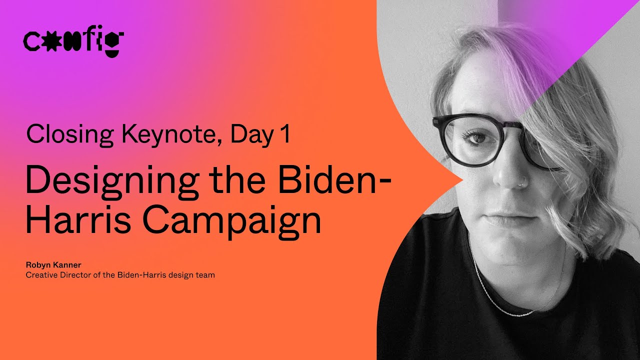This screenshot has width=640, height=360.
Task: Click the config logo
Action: click(73, 41)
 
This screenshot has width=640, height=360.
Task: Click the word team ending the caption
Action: click(206, 275)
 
